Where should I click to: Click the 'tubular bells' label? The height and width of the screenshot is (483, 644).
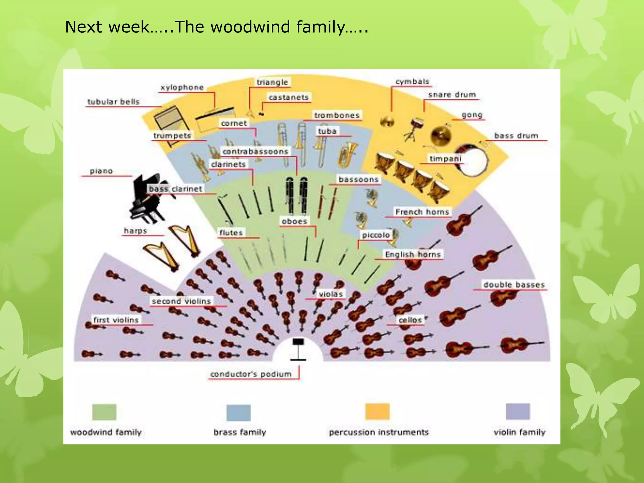coord(113,102)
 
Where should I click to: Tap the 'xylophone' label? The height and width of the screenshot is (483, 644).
coord(182,87)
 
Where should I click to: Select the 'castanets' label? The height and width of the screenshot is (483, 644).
coord(288,97)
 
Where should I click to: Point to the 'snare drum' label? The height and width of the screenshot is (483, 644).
coord(452,95)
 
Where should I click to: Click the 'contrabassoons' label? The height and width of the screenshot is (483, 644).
coord(255,152)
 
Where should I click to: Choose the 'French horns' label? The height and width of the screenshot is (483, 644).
coord(422,212)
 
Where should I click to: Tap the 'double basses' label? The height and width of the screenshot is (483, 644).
coord(514,285)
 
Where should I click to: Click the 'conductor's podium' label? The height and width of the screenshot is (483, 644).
coord(251,374)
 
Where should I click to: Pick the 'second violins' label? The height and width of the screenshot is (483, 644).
coord(181,301)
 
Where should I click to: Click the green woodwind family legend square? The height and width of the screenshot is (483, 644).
coord(104,412)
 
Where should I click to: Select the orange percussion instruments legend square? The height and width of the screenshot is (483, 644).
coord(377,412)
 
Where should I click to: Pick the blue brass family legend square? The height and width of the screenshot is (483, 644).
coord(239,413)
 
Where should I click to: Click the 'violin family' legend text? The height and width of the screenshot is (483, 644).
coord(519,432)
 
